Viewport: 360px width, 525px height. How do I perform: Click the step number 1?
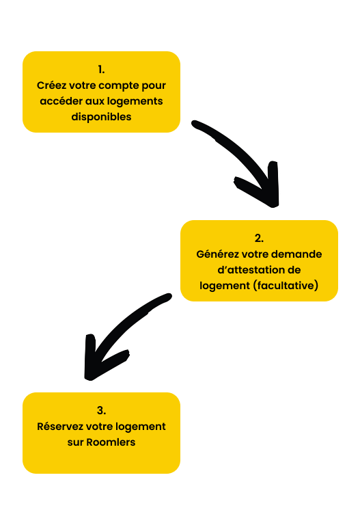101,70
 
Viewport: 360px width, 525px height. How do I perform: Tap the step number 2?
259,238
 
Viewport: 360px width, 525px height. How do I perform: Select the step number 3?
101,410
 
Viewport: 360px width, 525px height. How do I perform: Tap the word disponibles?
101,117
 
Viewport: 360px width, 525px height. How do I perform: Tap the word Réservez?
60,427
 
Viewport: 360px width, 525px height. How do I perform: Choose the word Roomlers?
111,442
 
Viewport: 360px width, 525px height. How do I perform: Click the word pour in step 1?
154,86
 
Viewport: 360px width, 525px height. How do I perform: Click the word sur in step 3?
75,443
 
